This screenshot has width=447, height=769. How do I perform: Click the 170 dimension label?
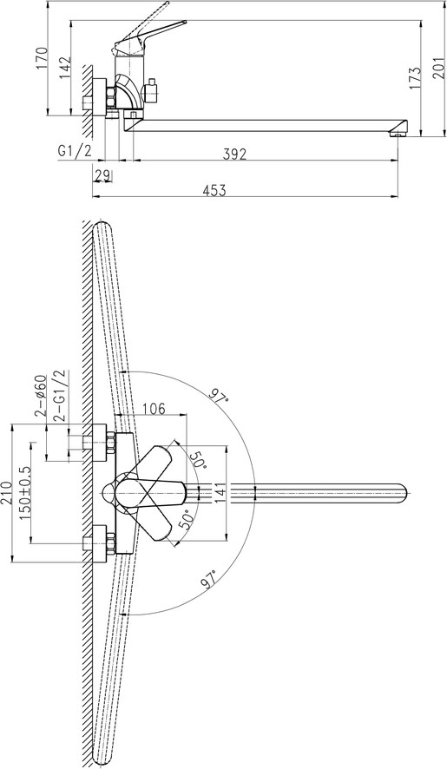[43, 58]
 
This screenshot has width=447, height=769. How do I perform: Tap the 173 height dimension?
[415, 77]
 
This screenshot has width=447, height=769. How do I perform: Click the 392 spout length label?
[234, 154]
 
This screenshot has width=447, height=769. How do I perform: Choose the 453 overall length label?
[214, 190]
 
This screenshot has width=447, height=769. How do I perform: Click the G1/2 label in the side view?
[75, 152]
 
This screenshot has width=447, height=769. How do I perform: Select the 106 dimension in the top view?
[154, 408]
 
